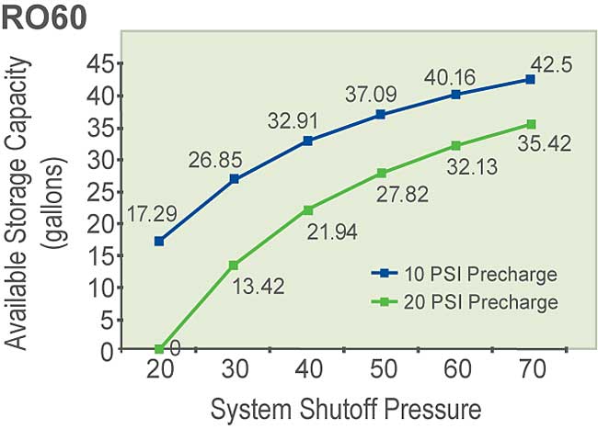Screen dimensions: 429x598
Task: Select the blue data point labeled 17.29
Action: coord(159,241)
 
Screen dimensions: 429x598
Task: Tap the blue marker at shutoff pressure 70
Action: coord(530,79)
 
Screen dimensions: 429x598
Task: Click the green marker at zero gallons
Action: coord(159,349)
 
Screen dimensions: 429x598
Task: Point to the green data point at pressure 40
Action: coord(308,209)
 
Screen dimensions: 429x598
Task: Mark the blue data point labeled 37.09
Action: coord(381,115)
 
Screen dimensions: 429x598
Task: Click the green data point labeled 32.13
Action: coord(456,145)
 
